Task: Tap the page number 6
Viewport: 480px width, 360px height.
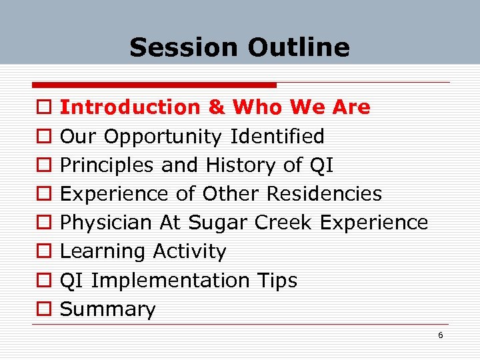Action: click(441, 335)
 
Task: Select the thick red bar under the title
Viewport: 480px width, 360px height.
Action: click(154, 85)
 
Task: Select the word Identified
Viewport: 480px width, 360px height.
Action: click(277, 137)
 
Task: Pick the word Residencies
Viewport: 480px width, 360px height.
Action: click(324, 194)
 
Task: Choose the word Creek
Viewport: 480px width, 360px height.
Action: click(284, 223)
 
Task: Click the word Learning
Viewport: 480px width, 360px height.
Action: click(103, 251)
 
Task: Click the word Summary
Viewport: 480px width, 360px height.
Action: click(108, 309)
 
